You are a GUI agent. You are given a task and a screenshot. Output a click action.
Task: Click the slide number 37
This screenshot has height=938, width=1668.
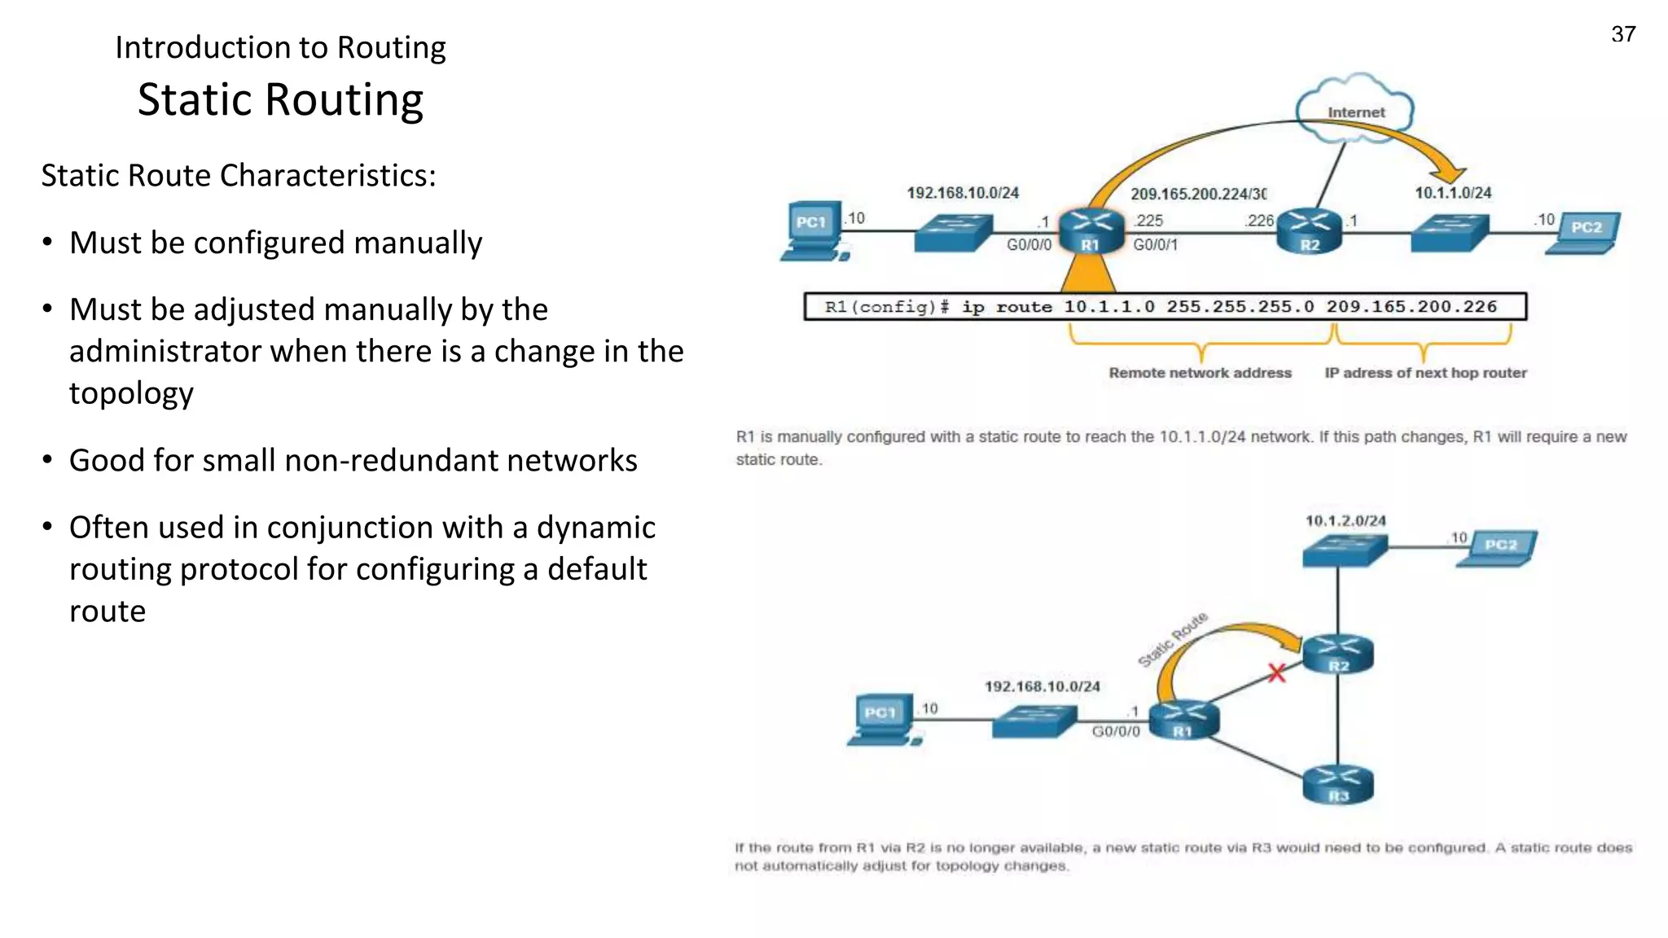[x=1622, y=34]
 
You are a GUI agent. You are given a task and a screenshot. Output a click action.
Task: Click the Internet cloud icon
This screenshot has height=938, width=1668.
[x=1355, y=108]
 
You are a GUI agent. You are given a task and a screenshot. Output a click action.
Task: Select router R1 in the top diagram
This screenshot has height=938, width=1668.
[x=1091, y=231]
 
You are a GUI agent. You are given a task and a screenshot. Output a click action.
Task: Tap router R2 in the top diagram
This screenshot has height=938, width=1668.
[x=1309, y=231]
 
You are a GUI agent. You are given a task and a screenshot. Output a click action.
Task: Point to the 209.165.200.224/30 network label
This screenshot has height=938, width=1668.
[x=1198, y=194]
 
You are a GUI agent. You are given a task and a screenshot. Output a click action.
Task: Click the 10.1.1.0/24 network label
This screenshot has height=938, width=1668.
[x=1452, y=193]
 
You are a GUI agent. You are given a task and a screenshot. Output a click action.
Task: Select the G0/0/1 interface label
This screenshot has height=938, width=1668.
[x=1155, y=244]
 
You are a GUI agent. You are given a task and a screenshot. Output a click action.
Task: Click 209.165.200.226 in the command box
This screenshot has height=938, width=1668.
[x=1411, y=307]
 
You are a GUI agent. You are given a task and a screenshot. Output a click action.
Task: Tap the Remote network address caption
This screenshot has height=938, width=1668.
[x=1200, y=373]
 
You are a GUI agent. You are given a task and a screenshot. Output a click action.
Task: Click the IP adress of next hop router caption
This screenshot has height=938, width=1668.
[x=1425, y=373]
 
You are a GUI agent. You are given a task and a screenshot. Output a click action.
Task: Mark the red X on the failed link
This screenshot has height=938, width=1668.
[x=1276, y=673]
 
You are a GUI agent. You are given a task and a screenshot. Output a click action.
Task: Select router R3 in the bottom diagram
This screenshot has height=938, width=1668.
[x=1338, y=785]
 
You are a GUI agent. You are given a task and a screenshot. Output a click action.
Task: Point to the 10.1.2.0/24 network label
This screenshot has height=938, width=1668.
[x=1345, y=520]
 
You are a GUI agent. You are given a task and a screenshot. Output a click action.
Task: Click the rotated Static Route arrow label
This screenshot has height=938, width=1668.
[x=1173, y=640]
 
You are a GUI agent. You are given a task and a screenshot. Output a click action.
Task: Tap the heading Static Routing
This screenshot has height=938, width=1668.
[x=280, y=99]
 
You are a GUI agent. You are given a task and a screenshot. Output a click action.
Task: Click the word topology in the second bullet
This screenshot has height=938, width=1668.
[x=131, y=393]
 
